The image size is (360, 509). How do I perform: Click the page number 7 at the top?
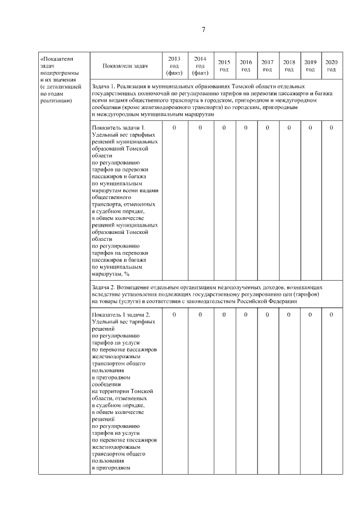tap(203, 29)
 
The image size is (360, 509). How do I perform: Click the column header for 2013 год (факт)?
tap(174, 66)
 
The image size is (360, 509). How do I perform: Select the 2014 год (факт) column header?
tap(200, 66)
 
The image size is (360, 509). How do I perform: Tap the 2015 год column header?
tap(224, 66)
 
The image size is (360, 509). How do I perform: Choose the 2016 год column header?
tap(246, 66)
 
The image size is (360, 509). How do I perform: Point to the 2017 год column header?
tap(267, 66)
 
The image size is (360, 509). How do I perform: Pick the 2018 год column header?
tap(289, 66)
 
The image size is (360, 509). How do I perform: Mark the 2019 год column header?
tap(310, 66)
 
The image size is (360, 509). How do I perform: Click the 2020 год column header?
tap(331, 66)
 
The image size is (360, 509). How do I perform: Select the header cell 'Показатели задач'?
tap(125, 66)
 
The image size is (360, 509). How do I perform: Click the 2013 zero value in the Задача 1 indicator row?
tap(174, 128)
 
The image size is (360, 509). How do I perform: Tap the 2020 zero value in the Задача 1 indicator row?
tap(331, 128)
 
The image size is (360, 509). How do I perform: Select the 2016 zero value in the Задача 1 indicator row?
tap(246, 128)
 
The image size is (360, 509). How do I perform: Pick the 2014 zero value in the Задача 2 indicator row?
tap(200, 314)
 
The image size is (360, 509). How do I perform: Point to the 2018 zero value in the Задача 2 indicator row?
tap(289, 314)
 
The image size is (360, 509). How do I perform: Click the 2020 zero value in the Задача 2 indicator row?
tap(331, 314)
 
